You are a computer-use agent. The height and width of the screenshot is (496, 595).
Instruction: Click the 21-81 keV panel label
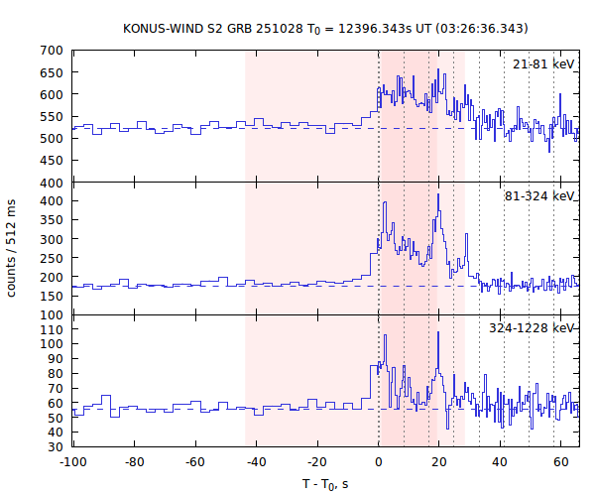click(x=543, y=64)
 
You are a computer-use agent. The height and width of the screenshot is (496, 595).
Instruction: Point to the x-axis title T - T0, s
click(x=324, y=484)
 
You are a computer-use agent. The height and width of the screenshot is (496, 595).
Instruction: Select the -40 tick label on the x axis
click(x=256, y=462)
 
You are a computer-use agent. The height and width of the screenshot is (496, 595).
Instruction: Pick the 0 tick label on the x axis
click(x=378, y=462)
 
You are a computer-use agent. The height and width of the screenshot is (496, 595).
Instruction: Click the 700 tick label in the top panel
click(x=52, y=51)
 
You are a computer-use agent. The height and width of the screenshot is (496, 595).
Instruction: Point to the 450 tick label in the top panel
click(x=52, y=161)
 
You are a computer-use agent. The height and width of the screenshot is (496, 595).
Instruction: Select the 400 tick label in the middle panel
click(x=52, y=201)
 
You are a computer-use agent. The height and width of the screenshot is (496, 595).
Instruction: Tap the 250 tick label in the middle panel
click(x=52, y=258)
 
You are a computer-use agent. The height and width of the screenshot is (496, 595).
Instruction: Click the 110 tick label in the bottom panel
click(x=52, y=328)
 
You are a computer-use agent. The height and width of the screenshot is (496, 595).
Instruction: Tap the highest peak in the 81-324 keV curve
click(x=437, y=195)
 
